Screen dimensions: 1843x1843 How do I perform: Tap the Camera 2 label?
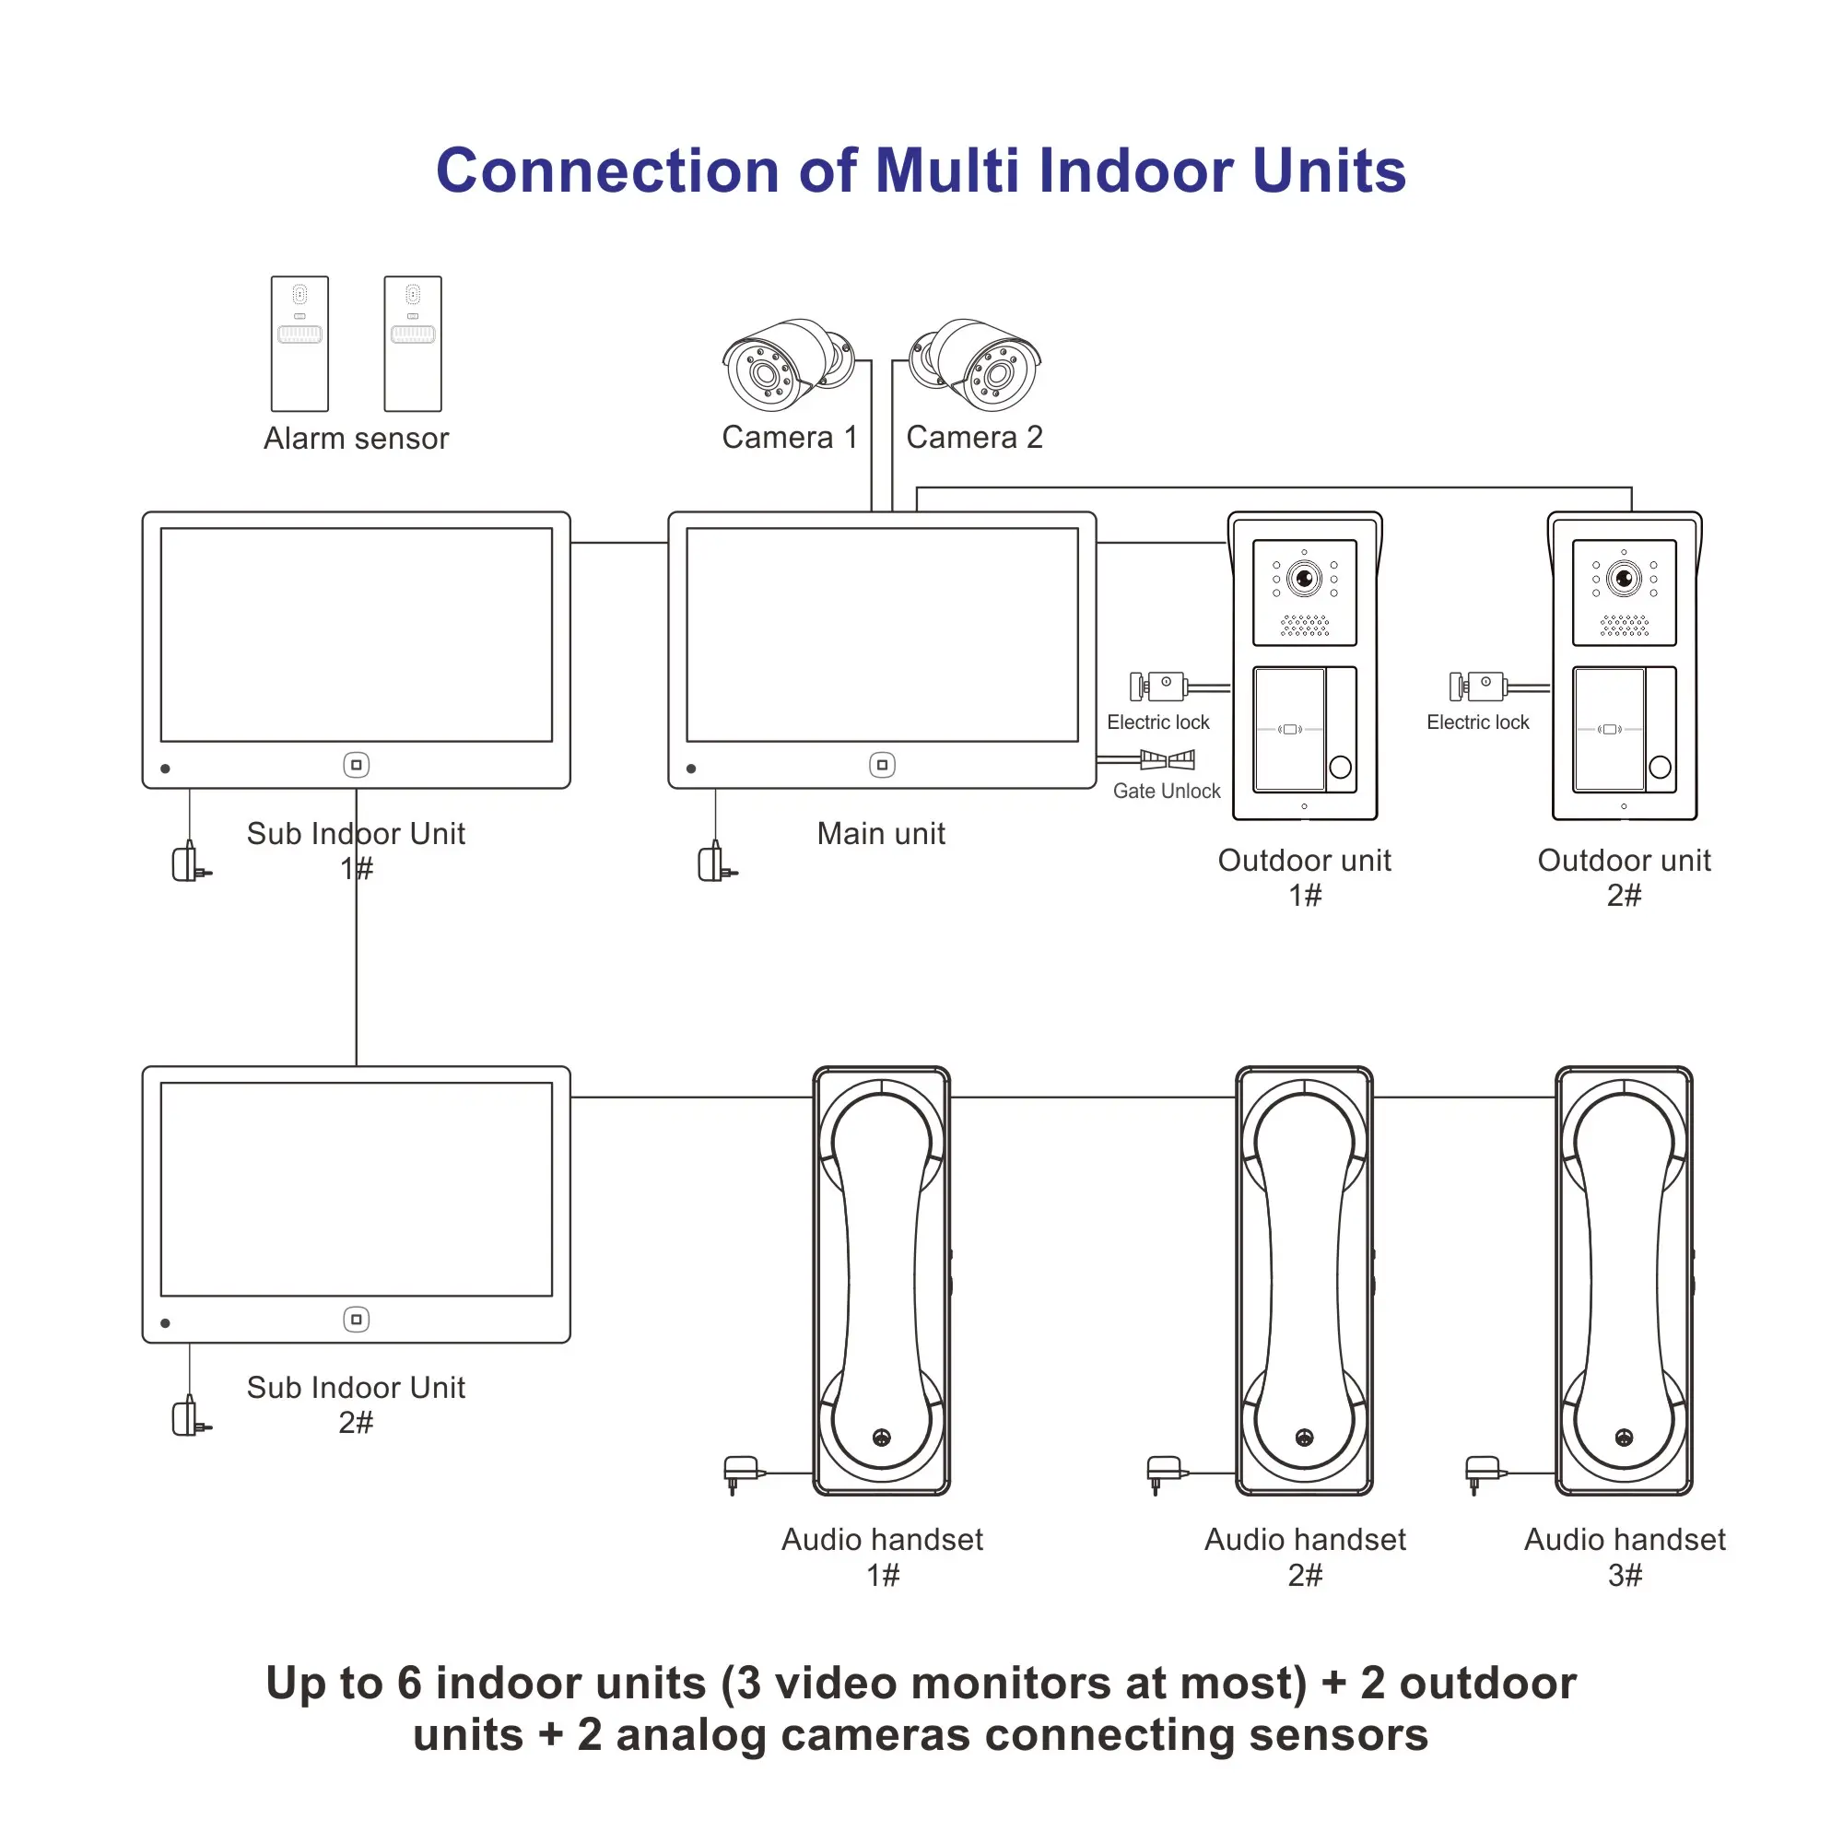tap(974, 437)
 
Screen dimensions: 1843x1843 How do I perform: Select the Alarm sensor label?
tap(356, 438)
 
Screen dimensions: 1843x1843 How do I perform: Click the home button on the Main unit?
tap(882, 764)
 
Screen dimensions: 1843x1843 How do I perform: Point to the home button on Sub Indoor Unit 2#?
tap(356, 1320)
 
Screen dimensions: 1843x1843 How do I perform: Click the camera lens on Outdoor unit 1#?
tap(1304, 578)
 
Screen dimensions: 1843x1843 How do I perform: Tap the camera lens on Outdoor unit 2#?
tap(1624, 578)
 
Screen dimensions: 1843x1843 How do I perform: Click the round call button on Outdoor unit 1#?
tap(1340, 767)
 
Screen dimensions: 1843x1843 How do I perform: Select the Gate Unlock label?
tap(1166, 791)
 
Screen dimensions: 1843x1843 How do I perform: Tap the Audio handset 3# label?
tap(1624, 1555)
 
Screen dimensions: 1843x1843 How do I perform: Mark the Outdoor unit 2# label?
tap(1624, 876)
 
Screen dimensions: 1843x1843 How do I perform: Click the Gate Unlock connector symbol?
tap(1167, 759)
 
